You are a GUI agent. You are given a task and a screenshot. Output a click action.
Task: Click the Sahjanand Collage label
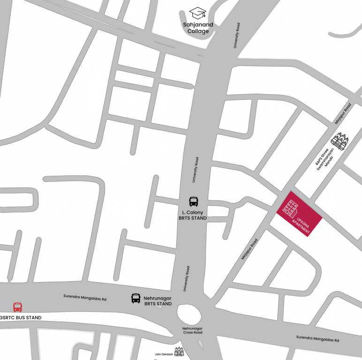tap(198, 28)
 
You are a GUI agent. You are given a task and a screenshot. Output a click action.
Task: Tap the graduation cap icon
tap(198, 13)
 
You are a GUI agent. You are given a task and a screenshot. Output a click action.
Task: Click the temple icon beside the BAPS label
tap(340, 141)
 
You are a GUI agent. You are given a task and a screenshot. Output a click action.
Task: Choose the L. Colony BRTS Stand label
tap(193, 215)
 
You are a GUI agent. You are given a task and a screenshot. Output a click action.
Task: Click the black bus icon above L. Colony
tap(194, 202)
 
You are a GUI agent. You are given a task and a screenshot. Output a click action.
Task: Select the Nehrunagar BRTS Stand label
tap(158, 301)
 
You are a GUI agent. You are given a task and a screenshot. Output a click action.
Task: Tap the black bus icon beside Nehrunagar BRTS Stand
tap(136, 298)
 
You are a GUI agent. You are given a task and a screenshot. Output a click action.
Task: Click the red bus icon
tap(17, 307)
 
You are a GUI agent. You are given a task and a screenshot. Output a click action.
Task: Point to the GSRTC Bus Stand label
tap(21, 318)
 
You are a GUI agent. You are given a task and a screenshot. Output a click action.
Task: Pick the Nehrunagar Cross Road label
tap(192, 330)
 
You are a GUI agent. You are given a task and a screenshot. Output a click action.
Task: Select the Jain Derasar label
tap(164, 354)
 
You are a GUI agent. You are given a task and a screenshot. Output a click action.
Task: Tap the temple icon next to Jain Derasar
tap(178, 352)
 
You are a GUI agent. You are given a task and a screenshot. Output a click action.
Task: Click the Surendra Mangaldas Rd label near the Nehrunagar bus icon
tap(85, 297)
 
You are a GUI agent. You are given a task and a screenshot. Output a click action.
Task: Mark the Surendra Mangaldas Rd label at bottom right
tap(317, 338)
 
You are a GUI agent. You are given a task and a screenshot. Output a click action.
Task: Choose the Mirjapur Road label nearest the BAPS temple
tap(343, 114)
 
